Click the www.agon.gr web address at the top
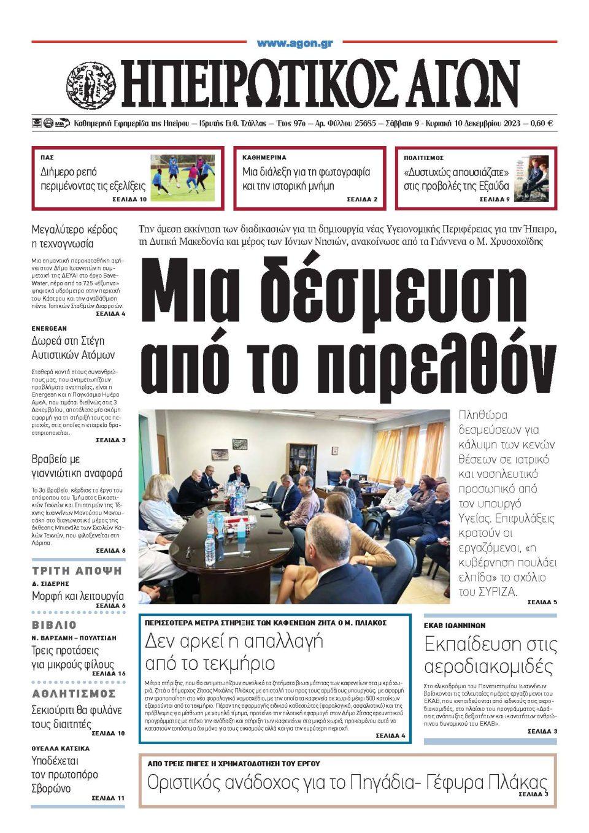click(294, 44)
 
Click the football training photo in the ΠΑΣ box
click(183, 175)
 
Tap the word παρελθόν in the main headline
click(417, 362)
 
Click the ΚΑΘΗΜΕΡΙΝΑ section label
click(264, 158)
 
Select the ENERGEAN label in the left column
click(49, 328)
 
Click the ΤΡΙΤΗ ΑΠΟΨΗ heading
click(77, 570)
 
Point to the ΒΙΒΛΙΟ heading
click(55, 625)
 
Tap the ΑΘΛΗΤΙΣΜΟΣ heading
click(74, 693)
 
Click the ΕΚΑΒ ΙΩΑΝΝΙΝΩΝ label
click(455, 625)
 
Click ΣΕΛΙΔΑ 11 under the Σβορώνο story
click(108, 797)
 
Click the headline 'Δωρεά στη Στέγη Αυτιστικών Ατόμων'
click(73, 348)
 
